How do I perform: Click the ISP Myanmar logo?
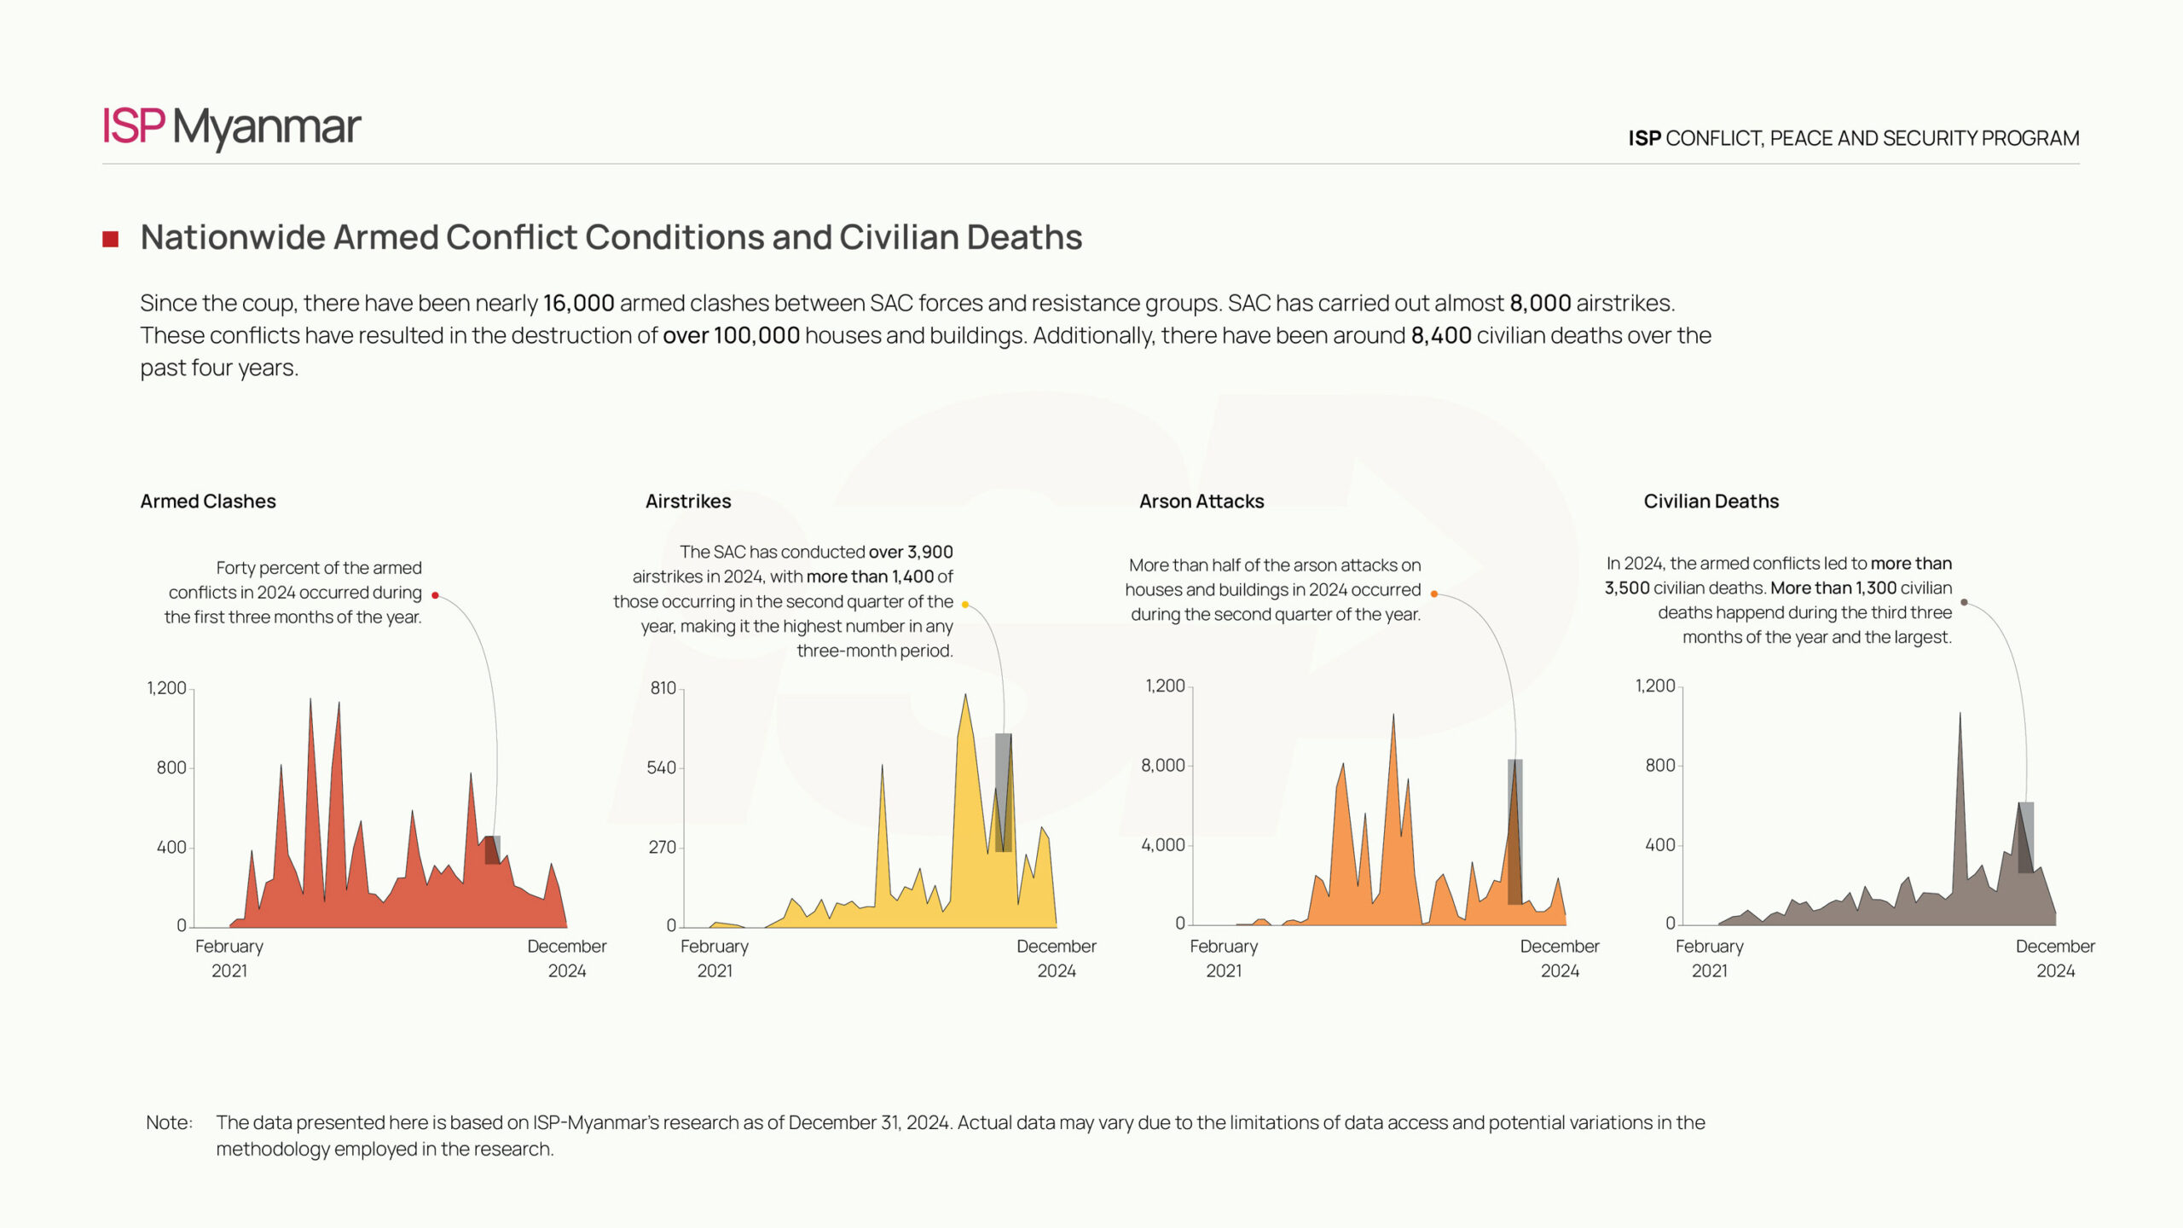point(231,127)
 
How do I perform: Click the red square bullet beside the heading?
point(110,239)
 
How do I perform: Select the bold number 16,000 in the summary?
point(578,304)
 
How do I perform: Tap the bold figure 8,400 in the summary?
point(1440,336)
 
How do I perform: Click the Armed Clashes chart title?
point(208,501)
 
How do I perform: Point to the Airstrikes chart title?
point(688,501)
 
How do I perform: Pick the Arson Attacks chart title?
point(1202,501)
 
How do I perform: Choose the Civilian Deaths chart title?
point(1711,501)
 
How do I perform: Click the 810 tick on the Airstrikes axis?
point(663,688)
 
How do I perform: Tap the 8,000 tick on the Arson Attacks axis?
point(1162,766)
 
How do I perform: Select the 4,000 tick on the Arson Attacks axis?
point(1162,845)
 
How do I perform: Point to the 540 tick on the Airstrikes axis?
point(661,767)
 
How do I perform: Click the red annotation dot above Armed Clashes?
point(435,595)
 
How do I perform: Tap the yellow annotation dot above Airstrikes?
point(964,605)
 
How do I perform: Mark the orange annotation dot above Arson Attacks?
point(1433,594)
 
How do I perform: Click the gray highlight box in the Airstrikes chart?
point(1003,792)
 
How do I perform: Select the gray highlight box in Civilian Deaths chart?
point(2025,837)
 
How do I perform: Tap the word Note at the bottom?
point(169,1123)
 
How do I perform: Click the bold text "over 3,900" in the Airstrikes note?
point(910,553)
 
